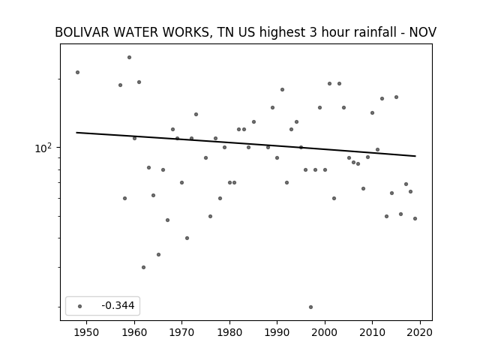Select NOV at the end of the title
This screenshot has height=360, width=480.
click(x=423, y=32)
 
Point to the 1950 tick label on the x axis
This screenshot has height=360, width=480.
click(x=87, y=332)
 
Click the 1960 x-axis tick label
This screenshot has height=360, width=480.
click(x=134, y=332)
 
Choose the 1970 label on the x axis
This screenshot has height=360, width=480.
click(x=181, y=332)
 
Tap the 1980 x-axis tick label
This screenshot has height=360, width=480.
click(x=229, y=332)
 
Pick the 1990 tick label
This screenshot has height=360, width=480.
click(x=277, y=332)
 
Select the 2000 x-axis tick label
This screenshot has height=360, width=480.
click(x=325, y=332)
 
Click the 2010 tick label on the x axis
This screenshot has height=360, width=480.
click(x=372, y=332)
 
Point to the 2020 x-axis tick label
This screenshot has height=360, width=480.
click(x=420, y=332)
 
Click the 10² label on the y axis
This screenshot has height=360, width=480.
click(x=43, y=148)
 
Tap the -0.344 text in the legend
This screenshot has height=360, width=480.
click(x=118, y=305)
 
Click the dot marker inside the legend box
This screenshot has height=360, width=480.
click(x=80, y=306)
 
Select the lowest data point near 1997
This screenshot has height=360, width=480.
click(x=310, y=307)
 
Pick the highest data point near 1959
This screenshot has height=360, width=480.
click(x=130, y=57)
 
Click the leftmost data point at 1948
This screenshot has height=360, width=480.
click(x=78, y=72)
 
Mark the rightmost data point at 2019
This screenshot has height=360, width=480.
click(x=415, y=218)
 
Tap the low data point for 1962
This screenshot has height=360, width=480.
click(x=143, y=267)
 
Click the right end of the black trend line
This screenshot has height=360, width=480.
click(x=415, y=156)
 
